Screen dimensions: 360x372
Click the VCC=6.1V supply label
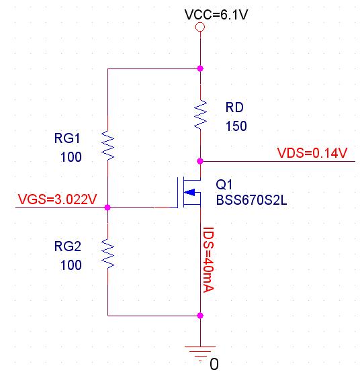216,15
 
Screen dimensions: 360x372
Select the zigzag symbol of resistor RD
200,115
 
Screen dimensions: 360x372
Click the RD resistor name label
234,107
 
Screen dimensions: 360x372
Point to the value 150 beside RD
236,126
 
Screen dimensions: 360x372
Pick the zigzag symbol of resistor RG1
107,145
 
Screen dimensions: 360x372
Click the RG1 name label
67,138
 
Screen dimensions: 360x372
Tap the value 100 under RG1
71,157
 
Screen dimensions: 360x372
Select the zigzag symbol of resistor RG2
107,254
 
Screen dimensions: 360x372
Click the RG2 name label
68,246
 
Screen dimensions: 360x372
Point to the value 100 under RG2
71,265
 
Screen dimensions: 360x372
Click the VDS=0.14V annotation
312,153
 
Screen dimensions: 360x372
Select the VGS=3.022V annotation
57,199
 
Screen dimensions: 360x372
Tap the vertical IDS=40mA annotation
209,260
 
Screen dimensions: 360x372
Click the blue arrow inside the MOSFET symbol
189,193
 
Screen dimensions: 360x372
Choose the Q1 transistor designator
224,185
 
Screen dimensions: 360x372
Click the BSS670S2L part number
252,200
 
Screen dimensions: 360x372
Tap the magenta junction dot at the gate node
107,207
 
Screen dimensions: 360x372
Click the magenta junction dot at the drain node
200,161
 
